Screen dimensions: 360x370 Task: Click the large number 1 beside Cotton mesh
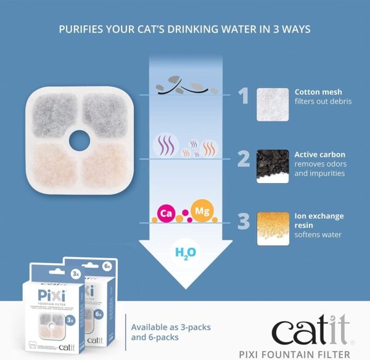244,96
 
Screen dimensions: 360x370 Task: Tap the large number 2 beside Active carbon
244,158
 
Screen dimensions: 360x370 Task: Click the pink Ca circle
165,213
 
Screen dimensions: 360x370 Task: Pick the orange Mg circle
202,211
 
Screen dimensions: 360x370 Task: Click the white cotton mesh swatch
273,103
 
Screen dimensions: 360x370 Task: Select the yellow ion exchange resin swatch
273,229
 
